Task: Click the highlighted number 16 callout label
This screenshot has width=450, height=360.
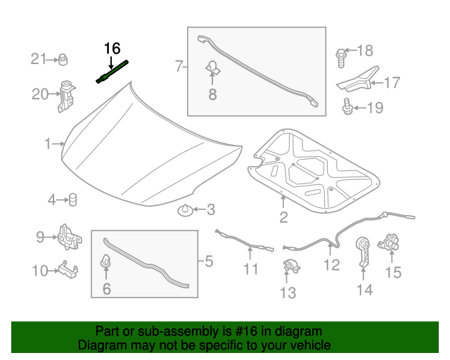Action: tap(112, 49)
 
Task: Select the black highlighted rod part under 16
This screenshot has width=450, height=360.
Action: tap(112, 72)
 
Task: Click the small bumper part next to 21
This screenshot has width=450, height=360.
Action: tap(62, 58)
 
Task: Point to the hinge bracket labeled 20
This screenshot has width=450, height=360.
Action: tap(67, 96)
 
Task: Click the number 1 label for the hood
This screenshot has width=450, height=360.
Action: tap(48, 144)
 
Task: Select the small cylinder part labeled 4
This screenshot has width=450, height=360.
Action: tap(72, 200)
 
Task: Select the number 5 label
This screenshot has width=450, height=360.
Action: tap(209, 262)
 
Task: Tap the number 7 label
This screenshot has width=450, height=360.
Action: tap(179, 67)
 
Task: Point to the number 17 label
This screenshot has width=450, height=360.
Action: tap(391, 83)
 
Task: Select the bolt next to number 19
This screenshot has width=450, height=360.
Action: tap(345, 106)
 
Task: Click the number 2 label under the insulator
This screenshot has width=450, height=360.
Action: tap(283, 217)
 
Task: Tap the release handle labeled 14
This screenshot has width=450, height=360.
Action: tap(364, 251)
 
